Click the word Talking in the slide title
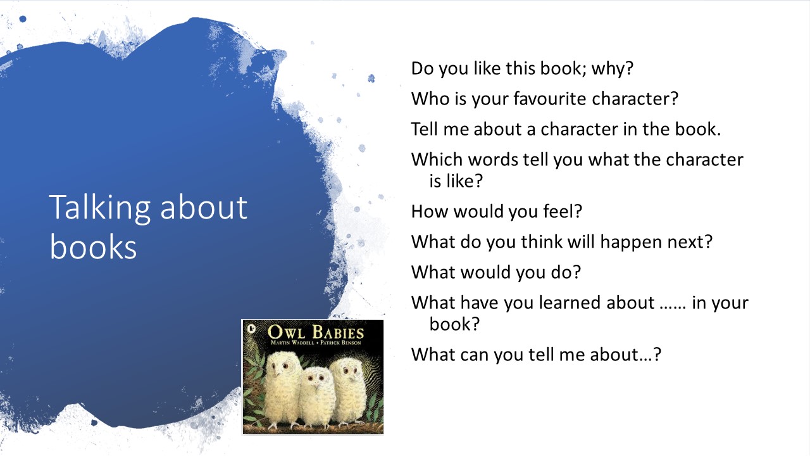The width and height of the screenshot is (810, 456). [99, 208]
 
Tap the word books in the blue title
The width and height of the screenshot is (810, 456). [93, 247]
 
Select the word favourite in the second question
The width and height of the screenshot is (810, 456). [549, 99]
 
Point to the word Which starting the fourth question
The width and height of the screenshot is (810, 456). [437, 160]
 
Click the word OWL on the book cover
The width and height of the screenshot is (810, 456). [286, 332]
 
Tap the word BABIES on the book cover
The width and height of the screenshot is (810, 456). [338, 332]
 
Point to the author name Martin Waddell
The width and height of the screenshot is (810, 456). [292, 343]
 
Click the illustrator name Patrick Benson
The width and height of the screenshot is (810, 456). [340, 343]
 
